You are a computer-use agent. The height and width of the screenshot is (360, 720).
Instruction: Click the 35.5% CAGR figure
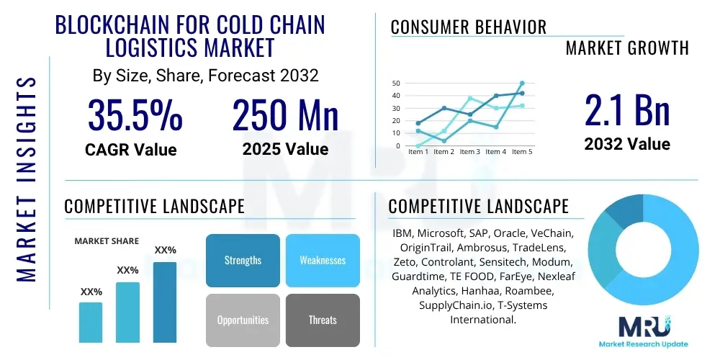tap(135, 115)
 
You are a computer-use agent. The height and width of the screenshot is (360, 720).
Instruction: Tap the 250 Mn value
tap(285, 115)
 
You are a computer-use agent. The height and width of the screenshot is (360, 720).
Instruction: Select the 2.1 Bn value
tap(626, 112)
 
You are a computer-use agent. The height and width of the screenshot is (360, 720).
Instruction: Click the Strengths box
tap(243, 260)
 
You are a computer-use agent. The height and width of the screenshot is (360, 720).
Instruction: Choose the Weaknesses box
tap(322, 260)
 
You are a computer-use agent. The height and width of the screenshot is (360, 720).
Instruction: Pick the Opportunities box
tap(243, 320)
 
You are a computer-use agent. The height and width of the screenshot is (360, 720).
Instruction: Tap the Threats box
tap(322, 320)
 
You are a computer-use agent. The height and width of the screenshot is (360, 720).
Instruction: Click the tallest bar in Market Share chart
tap(165, 302)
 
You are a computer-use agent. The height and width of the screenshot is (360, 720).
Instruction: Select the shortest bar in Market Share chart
tap(91, 322)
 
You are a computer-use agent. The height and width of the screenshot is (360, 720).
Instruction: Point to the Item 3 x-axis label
tap(469, 152)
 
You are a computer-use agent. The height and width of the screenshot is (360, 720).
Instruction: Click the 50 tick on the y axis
tap(395, 84)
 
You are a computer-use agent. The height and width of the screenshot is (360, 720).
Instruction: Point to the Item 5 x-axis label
tap(522, 152)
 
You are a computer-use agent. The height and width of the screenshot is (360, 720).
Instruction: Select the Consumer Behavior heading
tap(469, 27)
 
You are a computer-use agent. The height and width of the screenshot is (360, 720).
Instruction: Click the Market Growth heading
tap(626, 48)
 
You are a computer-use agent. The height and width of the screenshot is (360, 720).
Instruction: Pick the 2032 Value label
tap(626, 144)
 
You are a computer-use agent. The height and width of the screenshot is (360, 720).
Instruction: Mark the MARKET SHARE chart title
tap(107, 241)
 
